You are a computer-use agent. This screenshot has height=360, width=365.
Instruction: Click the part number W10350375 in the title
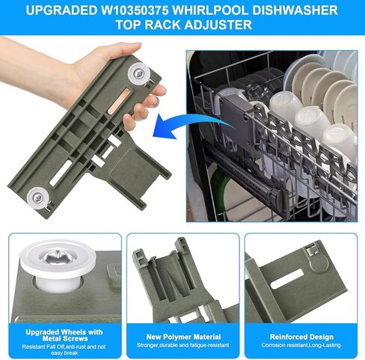point(135,10)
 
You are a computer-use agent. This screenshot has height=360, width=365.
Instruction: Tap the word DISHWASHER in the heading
point(295,10)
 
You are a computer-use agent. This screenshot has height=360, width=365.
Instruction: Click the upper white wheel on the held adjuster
point(139,73)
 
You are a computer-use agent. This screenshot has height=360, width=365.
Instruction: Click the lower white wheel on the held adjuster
point(38,198)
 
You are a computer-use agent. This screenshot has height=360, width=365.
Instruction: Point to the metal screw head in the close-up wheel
point(58,257)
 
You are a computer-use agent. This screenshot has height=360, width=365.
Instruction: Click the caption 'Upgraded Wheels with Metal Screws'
point(64,335)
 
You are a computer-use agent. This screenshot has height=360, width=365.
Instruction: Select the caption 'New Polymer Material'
point(183,337)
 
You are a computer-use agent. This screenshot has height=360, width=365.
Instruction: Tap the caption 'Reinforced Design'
point(301,337)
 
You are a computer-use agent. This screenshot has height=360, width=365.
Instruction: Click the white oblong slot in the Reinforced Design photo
point(287,279)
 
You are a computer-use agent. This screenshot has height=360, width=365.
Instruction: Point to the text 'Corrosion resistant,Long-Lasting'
point(301,345)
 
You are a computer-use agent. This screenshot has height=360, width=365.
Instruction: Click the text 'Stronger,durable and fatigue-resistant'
point(183,345)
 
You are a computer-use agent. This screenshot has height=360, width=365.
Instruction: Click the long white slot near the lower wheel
point(61,173)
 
